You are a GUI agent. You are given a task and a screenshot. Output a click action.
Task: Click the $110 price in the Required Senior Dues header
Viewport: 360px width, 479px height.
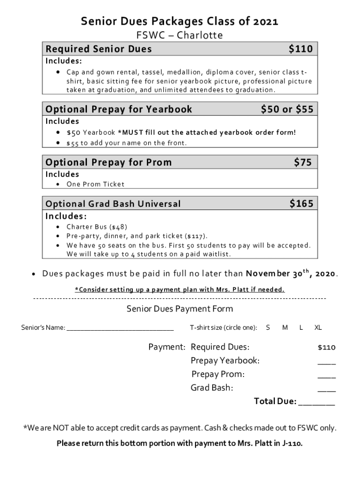[x=301, y=49]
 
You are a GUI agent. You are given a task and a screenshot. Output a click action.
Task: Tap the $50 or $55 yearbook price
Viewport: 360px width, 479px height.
[x=287, y=109]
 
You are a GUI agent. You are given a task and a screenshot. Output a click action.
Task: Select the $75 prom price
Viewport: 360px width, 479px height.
[x=303, y=162]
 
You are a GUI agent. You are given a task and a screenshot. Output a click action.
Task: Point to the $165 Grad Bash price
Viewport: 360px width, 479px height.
[x=301, y=203]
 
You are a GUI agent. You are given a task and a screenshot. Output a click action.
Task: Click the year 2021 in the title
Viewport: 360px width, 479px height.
[x=266, y=22]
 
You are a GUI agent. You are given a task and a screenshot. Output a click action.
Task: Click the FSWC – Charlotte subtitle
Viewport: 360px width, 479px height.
[x=180, y=36]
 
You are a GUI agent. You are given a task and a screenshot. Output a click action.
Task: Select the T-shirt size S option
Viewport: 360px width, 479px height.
[x=268, y=328]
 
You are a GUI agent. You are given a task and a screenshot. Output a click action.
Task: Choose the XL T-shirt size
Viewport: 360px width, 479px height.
[x=318, y=328]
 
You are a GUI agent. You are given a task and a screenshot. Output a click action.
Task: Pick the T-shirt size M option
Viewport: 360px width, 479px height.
[x=285, y=328]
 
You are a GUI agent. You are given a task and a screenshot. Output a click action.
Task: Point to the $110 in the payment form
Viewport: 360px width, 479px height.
[x=326, y=348]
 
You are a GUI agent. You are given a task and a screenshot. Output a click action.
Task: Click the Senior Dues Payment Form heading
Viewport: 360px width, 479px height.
[x=180, y=309]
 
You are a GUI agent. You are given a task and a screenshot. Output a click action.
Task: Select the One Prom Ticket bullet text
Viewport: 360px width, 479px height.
[x=95, y=184]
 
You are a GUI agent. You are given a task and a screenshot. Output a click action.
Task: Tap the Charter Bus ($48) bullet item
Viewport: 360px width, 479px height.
[x=97, y=227]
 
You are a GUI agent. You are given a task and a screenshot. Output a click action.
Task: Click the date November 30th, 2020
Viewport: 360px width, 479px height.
[x=291, y=273]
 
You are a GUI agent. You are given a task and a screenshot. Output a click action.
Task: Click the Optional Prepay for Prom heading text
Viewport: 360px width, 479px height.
[x=108, y=162]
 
